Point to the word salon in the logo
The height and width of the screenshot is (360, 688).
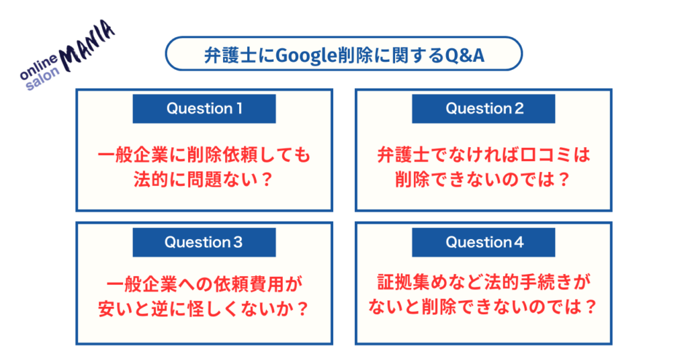(x=42, y=79)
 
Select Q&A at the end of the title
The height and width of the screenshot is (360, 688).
(x=464, y=55)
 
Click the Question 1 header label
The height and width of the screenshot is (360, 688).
(x=204, y=108)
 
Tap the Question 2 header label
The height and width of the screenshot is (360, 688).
(x=484, y=108)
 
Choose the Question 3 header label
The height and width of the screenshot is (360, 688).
(x=204, y=242)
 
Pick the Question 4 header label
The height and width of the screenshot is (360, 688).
(x=484, y=242)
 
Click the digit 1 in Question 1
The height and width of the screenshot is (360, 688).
(x=239, y=108)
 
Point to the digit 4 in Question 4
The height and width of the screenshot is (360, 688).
(x=519, y=242)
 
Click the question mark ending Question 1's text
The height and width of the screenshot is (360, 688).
(x=266, y=180)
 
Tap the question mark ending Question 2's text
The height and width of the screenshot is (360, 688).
(x=564, y=180)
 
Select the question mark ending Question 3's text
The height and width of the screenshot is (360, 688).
(x=302, y=310)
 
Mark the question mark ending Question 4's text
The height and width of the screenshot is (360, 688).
(x=591, y=307)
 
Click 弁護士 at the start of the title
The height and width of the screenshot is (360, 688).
(x=230, y=56)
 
